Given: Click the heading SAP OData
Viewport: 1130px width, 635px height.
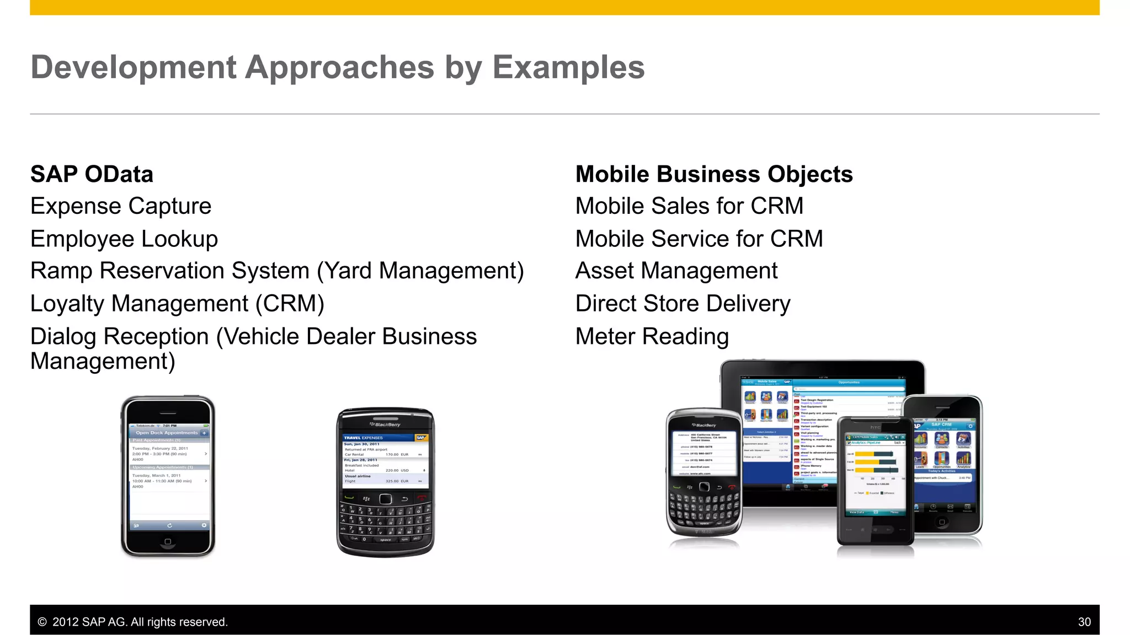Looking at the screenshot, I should pyautogui.click(x=92, y=174).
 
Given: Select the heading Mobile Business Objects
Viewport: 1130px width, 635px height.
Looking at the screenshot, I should pyautogui.click(x=714, y=174).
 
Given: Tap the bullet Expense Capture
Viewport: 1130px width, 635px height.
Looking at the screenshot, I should pyautogui.click(x=121, y=206).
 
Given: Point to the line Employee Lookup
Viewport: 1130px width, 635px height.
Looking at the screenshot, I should pyautogui.click(x=124, y=239).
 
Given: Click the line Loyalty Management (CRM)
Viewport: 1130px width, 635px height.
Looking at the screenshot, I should pyautogui.click(x=177, y=304).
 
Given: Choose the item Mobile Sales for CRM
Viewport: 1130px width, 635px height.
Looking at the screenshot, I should pyautogui.click(x=689, y=206).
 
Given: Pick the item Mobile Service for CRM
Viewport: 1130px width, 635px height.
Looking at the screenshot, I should pyautogui.click(x=699, y=239).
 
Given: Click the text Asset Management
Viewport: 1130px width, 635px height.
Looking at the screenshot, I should pyautogui.click(x=676, y=271).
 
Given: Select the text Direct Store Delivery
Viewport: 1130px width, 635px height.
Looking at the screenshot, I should pyautogui.click(x=683, y=304).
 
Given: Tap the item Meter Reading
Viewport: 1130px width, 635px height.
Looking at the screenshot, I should pyautogui.click(x=652, y=336).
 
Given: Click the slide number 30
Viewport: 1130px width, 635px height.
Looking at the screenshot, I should pyautogui.click(x=1084, y=622).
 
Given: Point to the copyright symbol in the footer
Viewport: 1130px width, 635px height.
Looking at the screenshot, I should pyautogui.click(x=42, y=622).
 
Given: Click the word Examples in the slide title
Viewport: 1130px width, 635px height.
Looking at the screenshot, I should pyautogui.click(x=568, y=67).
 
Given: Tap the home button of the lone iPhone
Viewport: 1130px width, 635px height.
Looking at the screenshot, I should pyautogui.click(x=168, y=541).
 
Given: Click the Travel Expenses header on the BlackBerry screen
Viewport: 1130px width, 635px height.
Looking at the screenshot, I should pyautogui.click(x=364, y=438).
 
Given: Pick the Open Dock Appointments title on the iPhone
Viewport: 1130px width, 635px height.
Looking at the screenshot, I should pyautogui.click(x=166, y=433).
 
